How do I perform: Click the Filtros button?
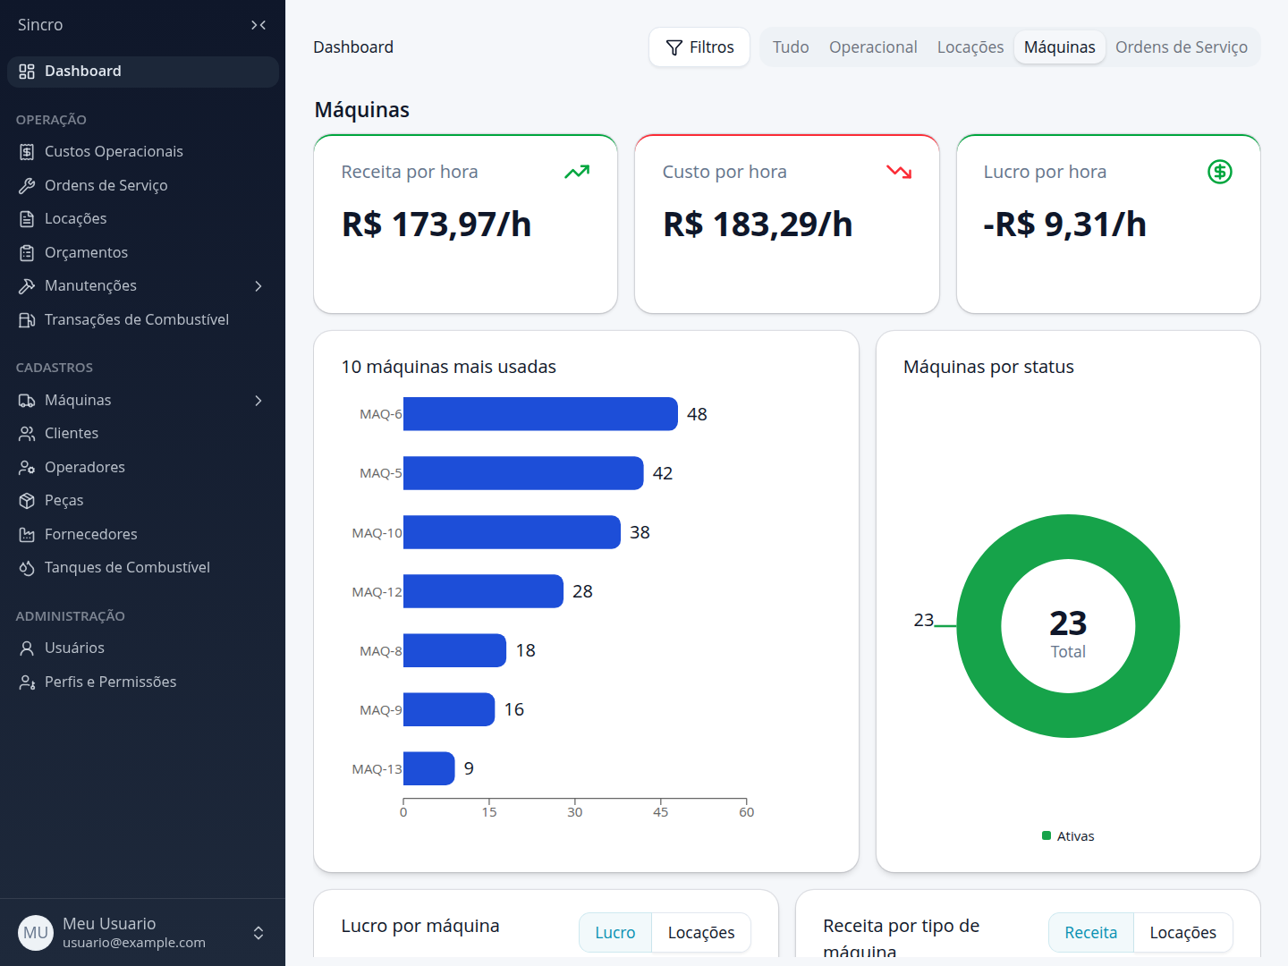pos(699,47)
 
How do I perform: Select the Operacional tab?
pos(873,47)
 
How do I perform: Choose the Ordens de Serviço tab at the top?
pos(1182,47)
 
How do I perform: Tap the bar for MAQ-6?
pos(540,414)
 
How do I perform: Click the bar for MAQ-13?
pos(429,768)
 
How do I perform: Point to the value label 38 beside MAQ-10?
pos(640,532)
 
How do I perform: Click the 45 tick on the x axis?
pos(660,812)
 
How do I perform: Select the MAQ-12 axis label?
pos(377,592)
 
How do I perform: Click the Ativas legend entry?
pos(1068,835)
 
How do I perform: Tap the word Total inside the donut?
pos(1068,652)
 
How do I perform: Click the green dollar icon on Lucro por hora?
pos(1220,172)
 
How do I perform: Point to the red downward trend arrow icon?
pos(899,172)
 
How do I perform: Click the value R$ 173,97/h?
pos(436,224)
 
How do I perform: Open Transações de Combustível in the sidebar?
pos(137,319)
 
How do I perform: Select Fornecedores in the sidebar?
pos(91,534)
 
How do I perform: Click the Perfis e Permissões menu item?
pos(110,682)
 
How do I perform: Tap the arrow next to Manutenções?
pos(258,286)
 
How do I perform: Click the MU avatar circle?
pos(36,933)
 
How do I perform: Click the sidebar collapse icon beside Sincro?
pos(258,25)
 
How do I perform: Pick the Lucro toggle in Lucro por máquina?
pos(615,933)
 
